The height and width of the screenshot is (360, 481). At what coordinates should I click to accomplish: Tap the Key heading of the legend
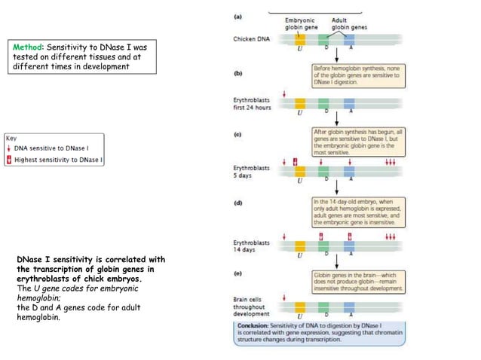point(11,139)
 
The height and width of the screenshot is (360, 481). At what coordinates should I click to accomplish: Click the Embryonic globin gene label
point(301,24)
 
